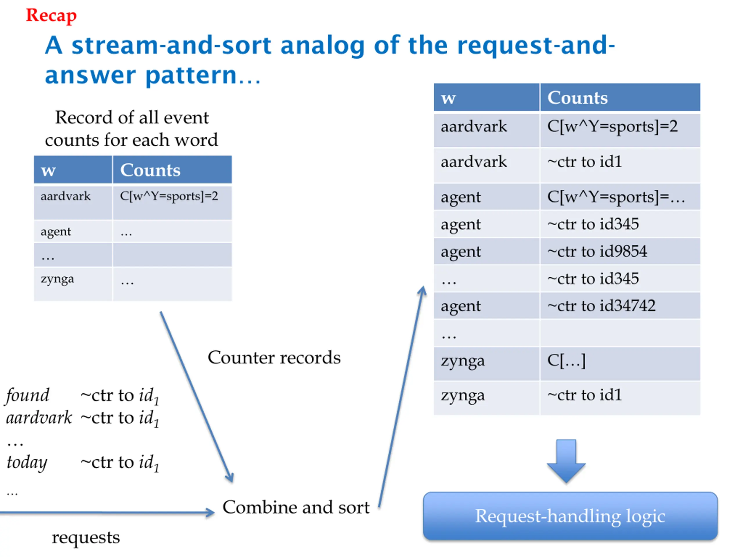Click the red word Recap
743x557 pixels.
[x=51, y=15]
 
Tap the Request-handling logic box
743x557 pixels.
[x=570, y=516]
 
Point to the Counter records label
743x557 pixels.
[x=274, y=358]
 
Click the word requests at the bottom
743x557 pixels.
[x=86, y=537]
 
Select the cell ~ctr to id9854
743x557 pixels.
[x=597, y=252]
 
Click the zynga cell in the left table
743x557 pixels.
[x=57, y=279]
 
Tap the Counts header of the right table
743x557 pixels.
[x=577, y=98]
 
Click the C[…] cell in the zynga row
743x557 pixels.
[x=566, y=361]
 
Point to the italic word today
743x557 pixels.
[x=27, y=462]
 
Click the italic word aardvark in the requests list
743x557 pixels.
[x=39, y=418]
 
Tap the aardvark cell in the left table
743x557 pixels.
[x=66, y=196]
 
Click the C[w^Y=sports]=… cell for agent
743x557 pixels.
[x=616, y=197]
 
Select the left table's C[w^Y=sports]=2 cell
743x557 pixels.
[x=169, y=196]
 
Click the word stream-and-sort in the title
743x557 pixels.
[x=171, y=45]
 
